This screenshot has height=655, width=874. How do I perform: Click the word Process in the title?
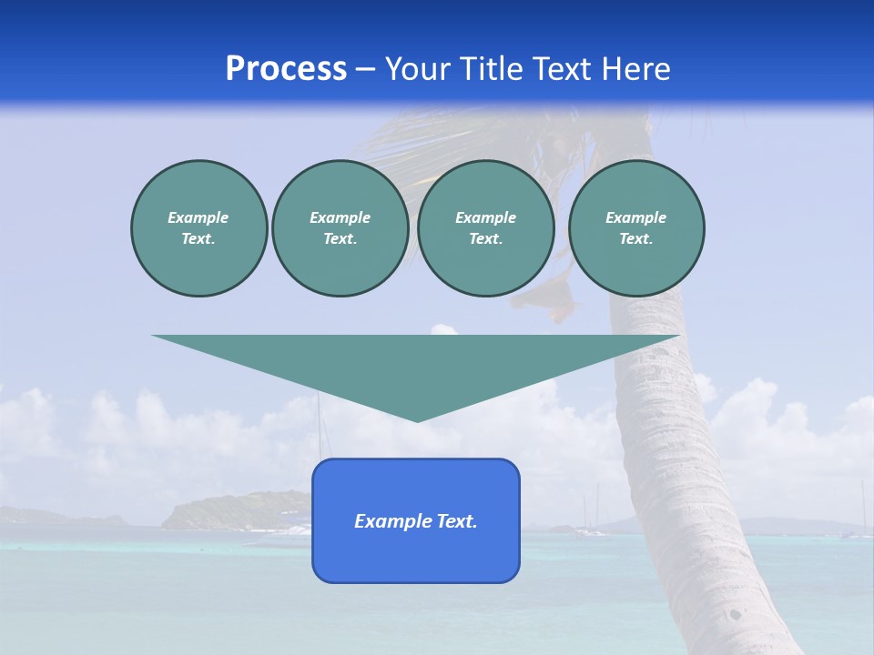286,69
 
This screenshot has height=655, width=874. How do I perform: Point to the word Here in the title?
635,69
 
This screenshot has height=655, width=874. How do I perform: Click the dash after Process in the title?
366,70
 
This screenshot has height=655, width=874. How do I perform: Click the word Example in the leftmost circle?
198,217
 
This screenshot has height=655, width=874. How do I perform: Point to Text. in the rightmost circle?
636,238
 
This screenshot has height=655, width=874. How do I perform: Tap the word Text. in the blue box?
457,521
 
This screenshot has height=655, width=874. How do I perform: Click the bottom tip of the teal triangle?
417,420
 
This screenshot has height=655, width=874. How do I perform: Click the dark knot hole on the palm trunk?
735,614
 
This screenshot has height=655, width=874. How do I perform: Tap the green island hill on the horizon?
237,509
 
